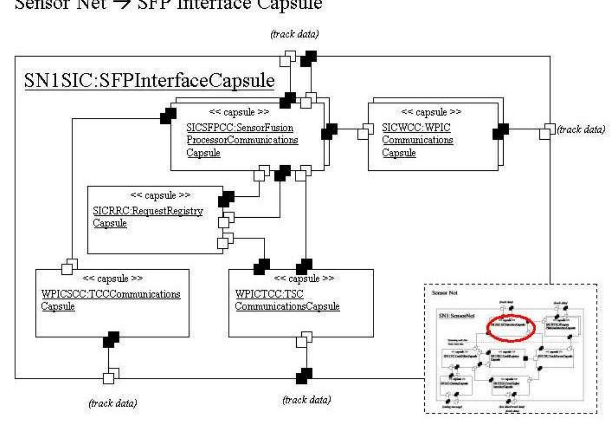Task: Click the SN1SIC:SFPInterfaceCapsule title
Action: (x=149, y=81)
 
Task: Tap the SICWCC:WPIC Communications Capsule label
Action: (x=417, y=140)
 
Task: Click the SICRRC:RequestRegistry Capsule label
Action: (x=147, y=217)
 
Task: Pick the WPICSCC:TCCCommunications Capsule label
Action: (x=110, y=300)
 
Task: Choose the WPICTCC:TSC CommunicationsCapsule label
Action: (x=287, y=300)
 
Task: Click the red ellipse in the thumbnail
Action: (x=511, y=328)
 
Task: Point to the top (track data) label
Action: (x=295, y=34)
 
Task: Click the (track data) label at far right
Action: (x=581, y=129)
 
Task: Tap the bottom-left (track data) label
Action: (x=113, y=403)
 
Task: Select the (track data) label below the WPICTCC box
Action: (x=307, y=400)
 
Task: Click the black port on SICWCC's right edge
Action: (x=500, y=132)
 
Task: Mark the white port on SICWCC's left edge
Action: (x=365, y=131)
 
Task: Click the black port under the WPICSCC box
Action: (x=111, y=340)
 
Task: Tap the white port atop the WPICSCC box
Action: (x=69, y=267)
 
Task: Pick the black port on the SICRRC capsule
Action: (x=226, y=199)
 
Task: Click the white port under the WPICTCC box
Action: (x=304, y=340)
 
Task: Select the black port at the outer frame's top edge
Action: (x=308, y=59)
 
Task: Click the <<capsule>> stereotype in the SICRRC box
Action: (x=160, y=195)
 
